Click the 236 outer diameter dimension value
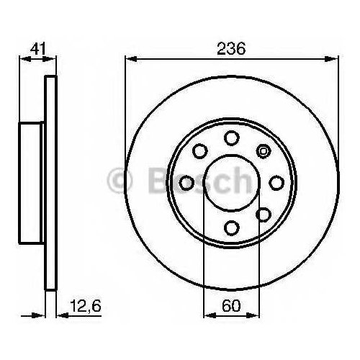[231, 49]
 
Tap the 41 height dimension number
[37, 49]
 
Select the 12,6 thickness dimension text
[86, 306]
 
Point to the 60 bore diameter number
[231, 306]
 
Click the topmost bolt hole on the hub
[232, 138]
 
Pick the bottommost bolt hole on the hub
[232, 228]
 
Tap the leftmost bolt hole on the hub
[186, 183]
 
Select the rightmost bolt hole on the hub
[276, 183]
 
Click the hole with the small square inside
[264, 151]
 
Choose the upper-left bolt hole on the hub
[200, 151]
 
